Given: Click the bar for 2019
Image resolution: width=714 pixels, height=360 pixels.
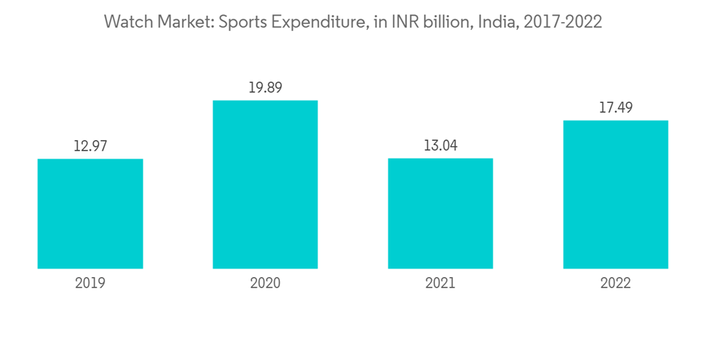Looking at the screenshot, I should (x=90, y=214).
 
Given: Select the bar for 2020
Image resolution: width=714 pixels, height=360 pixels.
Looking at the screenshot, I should (x=265, y=184).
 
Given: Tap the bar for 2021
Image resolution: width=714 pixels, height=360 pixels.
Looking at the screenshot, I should (x=440, y=214).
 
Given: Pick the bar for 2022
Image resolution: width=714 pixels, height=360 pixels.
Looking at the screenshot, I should (x=615, y=194).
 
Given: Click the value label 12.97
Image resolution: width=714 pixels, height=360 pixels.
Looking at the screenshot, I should (x=90, y=146).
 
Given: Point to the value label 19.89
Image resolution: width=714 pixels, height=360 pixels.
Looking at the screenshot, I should (x=265, y=88).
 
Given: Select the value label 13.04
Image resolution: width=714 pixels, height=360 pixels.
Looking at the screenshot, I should (x=440, y=146).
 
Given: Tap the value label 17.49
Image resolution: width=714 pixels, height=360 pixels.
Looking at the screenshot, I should (x=615, y=108).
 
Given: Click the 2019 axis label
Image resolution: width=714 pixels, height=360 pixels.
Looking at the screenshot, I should (x=90, y=283).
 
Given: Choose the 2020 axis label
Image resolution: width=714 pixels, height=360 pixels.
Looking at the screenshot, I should (x=265, y=283).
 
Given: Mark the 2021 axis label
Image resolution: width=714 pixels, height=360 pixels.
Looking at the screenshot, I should (x=440, y=283).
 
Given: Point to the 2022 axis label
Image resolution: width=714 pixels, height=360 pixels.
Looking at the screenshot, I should (x=615, y=283).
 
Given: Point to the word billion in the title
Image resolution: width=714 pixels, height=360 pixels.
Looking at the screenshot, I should (x=446, y=22).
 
